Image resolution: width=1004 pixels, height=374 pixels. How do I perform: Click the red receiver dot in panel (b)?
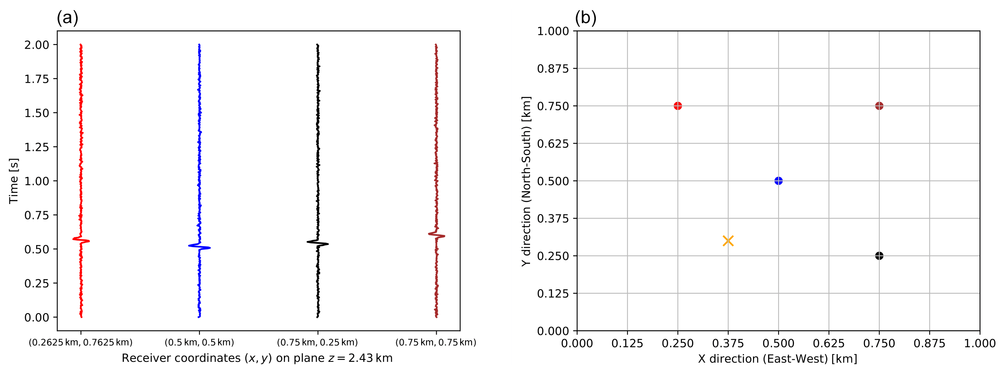tap(677, 106)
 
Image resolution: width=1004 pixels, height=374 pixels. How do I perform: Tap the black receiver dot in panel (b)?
tap(879, 256)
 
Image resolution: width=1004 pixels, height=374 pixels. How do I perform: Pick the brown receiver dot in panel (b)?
tap(879, 106)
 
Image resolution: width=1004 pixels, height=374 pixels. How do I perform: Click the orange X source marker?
tap(728, 241)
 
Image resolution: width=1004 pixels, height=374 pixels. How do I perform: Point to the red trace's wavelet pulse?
tap(81, 240)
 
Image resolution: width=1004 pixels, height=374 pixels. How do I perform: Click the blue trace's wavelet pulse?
tap(199, 246)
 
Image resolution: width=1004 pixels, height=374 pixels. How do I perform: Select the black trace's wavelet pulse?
tap(318, 243)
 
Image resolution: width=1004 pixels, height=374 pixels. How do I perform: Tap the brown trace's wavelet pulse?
tap(436, 235)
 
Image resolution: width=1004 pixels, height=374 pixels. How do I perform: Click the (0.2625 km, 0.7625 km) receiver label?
tap(80, 342)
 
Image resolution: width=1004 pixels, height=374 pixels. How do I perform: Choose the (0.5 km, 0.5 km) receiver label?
tap(199, 342)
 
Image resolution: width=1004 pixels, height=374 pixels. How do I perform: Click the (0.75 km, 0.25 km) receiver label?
tap(317, 342)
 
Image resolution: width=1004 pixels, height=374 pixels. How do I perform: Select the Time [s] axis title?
tap(14, 181)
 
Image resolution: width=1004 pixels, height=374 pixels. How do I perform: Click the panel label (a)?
tap(67, 18)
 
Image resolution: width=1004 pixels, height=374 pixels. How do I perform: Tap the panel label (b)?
tap(585, 18)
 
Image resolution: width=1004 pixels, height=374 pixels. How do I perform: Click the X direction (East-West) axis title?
tap(777, 359)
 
